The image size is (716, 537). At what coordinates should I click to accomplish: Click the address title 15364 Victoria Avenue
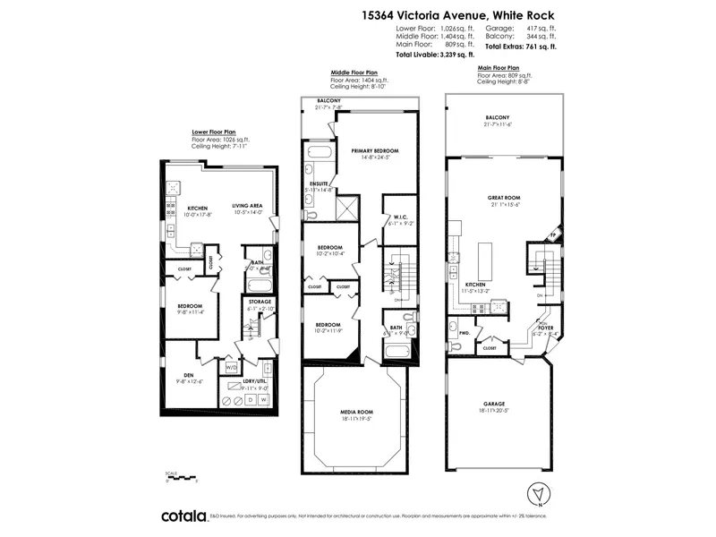point(458,14)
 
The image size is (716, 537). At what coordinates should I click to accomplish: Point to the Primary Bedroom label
point(374,151)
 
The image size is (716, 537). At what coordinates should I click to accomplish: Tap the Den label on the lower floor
point(189,375)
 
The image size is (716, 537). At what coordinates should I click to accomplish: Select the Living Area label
point(247,208)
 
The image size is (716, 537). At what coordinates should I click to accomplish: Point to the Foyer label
point(546,328)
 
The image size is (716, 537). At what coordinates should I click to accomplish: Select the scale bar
point(181,480)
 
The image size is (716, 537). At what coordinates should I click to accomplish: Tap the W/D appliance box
point(232,367)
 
